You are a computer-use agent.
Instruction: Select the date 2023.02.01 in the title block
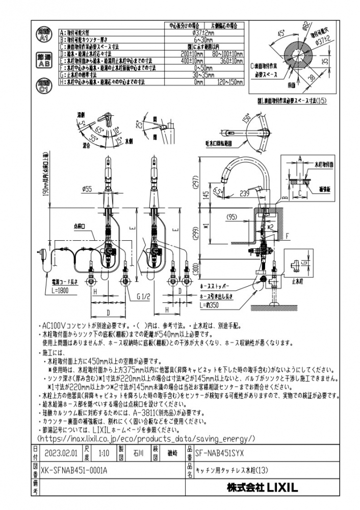tap(61, 452)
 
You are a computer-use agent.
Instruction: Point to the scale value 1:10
tap(104, 452)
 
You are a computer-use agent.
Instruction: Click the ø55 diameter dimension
tap(86, 189)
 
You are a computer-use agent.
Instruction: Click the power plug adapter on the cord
tap(42, 251)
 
